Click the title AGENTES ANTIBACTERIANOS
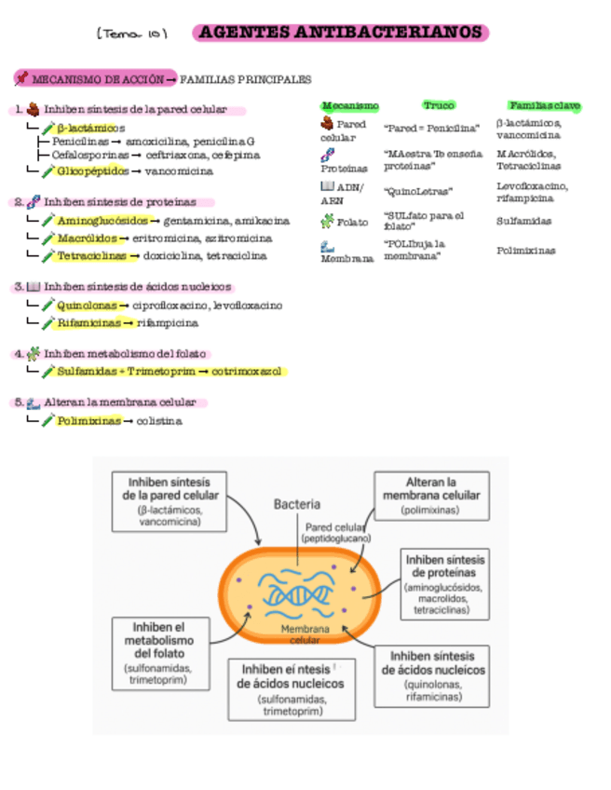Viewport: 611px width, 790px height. click(341, 33)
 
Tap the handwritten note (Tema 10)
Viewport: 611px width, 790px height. click(131, 34)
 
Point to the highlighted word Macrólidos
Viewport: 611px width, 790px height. click(87, 238)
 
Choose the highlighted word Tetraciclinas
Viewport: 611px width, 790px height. click(91, 255)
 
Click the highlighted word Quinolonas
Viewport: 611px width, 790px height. click(87, 305)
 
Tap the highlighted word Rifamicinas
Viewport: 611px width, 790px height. click(88, 322)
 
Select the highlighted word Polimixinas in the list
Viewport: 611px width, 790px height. click(88, 421)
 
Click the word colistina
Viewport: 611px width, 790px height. click(159, 421)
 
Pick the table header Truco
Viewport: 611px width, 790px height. click(438, 105)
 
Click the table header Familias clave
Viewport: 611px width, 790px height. click(544, 105)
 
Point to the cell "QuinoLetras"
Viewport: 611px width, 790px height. click(418, 191)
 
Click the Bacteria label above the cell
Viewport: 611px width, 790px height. click(297, 504)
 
